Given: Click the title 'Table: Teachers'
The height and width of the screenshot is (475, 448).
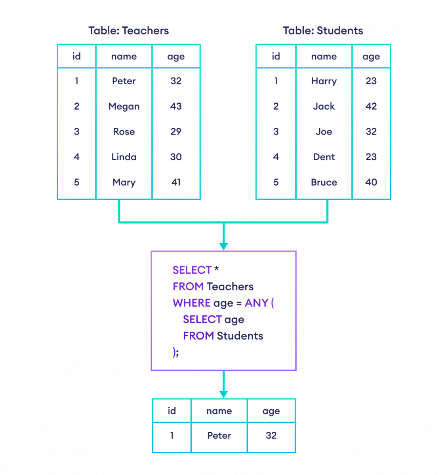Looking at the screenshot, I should click(x=129, y=31).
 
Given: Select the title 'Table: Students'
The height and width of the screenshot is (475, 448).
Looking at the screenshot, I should click(x=323, y=31).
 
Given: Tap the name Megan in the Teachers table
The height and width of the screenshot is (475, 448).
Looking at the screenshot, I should click(x=124, y=106).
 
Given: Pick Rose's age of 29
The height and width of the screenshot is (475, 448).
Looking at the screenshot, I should click(x=176, y=132).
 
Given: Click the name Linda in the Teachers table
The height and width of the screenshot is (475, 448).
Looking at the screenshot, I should click(x=124, y=157).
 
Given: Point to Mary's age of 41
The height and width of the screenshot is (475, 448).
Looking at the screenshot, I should click(x=176, y=182).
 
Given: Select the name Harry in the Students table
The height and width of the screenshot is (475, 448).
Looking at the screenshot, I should click(x=324, y=81).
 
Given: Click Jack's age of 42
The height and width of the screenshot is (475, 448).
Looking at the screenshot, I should click(x=371, y=106).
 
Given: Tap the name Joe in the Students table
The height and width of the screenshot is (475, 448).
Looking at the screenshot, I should click(x=324, y=132).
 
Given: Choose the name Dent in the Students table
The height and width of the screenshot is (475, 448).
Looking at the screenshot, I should click(x=324, y=157).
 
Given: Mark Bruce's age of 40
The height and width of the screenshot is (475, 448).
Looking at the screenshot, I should click(x=371, y=182).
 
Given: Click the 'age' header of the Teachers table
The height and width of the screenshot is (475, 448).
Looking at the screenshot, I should click(x=176, y=57).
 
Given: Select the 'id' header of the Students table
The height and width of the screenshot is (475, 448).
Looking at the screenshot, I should click(x=276, y=57).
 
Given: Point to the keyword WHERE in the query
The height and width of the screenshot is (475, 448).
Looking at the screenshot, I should click(x=191, y=303).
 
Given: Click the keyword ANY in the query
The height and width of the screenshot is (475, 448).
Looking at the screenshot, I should click(x=256, y=303).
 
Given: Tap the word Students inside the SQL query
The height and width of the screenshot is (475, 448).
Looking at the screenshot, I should click(x=240, y=336).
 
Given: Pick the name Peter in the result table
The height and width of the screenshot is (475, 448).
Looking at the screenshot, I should click(x=219, y=436).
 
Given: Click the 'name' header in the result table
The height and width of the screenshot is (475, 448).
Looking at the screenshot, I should click(x=219, y=411).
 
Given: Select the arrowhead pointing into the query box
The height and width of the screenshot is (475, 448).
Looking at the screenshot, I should click(x=223, y=246).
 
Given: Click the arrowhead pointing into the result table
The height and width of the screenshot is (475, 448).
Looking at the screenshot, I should click(x=223, y=394).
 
